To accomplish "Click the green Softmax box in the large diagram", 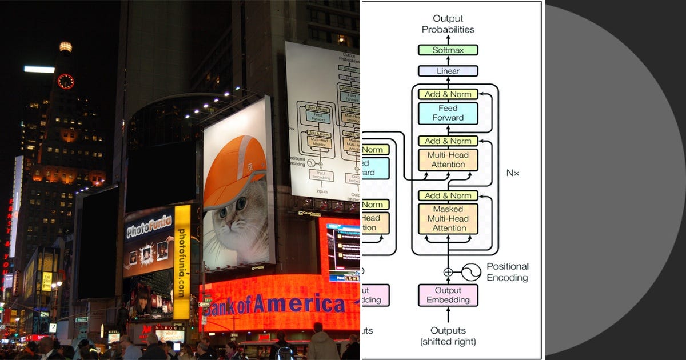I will [x=448, y=50].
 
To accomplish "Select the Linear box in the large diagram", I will [x=448, y=71].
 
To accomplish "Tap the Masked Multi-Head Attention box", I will [x=448, y=219].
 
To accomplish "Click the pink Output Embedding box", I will [x=448, y=295].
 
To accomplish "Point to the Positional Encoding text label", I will [x=508, y=272].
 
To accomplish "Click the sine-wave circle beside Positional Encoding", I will [x=471, y=273].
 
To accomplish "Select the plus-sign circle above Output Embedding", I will [x=448, y=273].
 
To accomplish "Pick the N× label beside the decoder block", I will [x=513, y=173].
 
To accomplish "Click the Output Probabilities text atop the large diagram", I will [x=448, y=24].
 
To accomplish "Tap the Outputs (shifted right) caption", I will [x=448, y=336].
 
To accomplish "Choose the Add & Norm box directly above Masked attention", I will [x=448, y=195].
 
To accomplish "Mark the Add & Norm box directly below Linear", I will [x=448, y=94].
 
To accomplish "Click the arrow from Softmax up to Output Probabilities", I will [x=448, y=39].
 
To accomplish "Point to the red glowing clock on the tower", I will [x=66, y=81].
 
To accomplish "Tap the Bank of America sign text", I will [x=274, y=305].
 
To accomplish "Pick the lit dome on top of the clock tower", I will [x=66, y=47].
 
